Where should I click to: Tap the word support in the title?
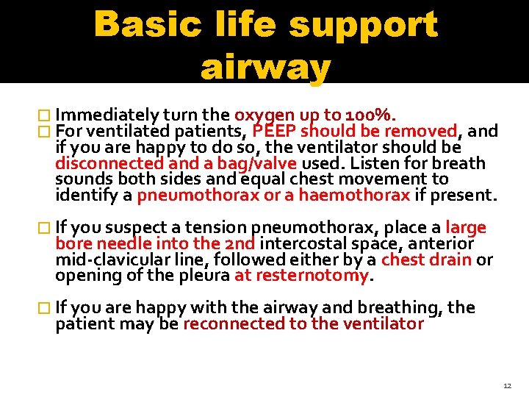[x=364, y=25]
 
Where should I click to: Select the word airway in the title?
[x=265, y=68]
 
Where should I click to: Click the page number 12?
[x=507, y=385]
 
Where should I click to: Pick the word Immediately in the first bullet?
[x=107, y=115]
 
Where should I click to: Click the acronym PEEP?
[x=275, y=132]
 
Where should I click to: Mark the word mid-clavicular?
[x=109, y=260]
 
